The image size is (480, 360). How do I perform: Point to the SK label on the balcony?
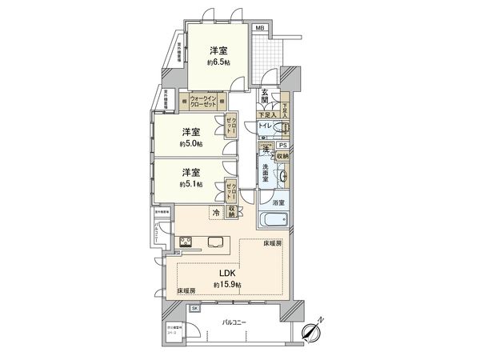pos(194,308)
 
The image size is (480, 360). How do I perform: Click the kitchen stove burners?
pos(185,242)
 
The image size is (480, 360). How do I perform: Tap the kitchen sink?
pos(216,242)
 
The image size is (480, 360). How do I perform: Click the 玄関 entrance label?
pos(266,98)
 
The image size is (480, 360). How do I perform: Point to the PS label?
pos(283,145)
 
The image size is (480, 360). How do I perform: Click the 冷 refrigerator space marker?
pos(216,213)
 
